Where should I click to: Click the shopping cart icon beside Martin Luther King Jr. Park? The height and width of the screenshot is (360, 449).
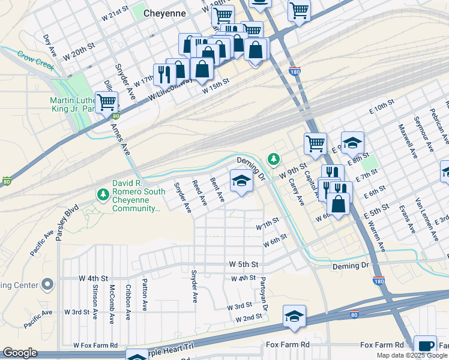pos(106,103)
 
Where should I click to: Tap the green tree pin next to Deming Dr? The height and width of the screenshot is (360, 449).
pos(274,158)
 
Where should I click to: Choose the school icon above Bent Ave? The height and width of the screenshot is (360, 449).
pos(241,180)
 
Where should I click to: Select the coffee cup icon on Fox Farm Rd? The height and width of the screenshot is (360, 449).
pos(426,345)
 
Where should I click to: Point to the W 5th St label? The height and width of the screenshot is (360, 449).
pos(243,264)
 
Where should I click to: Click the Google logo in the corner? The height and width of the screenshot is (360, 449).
pos(20,353)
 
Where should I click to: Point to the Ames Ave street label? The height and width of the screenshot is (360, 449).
pos(120,138)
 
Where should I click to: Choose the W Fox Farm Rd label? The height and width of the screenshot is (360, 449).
pos(95,346)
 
